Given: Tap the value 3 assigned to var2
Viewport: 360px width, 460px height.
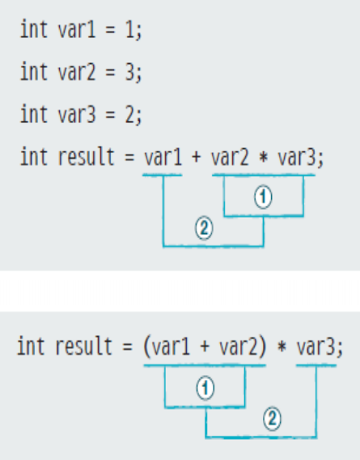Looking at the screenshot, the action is (130, 72).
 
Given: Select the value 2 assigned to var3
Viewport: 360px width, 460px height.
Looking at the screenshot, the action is (130, 114).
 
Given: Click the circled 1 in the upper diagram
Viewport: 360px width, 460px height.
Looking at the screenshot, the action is (263, 197).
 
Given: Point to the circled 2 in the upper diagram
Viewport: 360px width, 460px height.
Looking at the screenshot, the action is (204, 228).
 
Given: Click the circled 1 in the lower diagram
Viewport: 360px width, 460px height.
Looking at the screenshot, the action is (205, 388).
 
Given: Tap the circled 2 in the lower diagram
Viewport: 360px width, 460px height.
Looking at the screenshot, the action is (273, 419).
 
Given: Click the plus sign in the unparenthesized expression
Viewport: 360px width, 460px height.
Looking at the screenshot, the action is (196, 157).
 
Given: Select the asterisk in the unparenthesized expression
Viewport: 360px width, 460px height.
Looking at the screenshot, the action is (264, 157).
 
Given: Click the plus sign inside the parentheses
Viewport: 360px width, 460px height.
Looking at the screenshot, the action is (205, 347).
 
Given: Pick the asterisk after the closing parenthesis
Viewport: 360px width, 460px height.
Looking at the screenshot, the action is (282, 347).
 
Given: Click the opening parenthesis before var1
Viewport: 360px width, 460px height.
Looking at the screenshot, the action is (146, 347).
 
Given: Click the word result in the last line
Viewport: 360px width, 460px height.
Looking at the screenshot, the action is (84, 347).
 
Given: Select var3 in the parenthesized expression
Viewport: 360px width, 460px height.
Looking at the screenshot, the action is (316, 347).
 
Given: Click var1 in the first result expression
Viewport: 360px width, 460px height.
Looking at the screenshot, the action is (163, 157).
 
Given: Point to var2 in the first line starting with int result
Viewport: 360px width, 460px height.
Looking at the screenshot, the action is (230, 157).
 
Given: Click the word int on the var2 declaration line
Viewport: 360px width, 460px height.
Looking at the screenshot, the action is (33, 71).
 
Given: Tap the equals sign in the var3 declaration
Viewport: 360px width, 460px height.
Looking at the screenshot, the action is (110, 114).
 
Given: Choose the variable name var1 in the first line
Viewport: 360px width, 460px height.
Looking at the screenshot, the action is (77, 30).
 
